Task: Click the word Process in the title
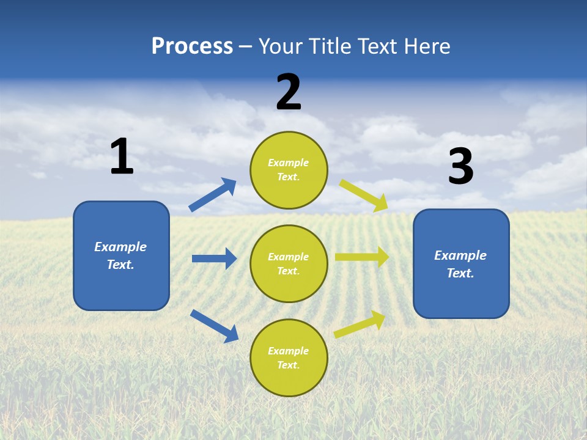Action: (x=192, y=46)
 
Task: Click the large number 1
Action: (x=121, y=157)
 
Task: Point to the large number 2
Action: (x=289, y=92)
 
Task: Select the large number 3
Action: (x=460, y=167)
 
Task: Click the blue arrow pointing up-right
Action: (x=213, y=195)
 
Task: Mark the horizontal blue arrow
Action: (x=214, y=258)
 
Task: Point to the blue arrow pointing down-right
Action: (x=214, y=326)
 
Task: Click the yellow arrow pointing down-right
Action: (x=364, y=195)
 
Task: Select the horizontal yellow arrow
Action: (x=361, y=257)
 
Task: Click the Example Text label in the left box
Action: (x=120, y=255)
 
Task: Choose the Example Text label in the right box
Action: (x=460, y=264)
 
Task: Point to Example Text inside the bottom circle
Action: (x=289, y=358)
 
